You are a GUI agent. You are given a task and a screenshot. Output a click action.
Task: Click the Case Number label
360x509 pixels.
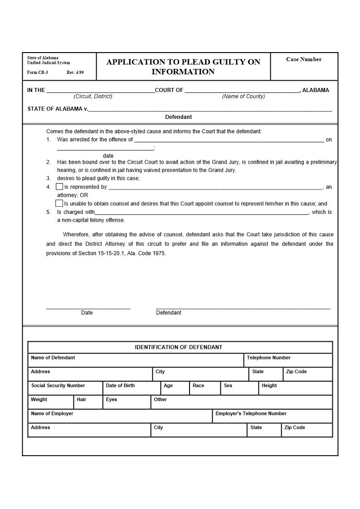pyautogui.click(x=304, y=59)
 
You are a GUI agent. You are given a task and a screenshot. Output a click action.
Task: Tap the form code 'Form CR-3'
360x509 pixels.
pyautogui.click(x=37, y=73)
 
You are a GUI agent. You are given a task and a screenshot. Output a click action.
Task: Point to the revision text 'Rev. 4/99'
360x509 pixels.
pyautogui.click(x=75, y=73)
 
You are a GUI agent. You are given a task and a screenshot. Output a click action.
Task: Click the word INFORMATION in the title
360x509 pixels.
pyautogui.click(x=183, y=72)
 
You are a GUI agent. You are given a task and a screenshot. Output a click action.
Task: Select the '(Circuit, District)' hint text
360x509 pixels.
pyautogui.click(x=93, y=97)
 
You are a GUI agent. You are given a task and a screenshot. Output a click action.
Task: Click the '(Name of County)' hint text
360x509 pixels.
pyautogui.click(x=243, y=97)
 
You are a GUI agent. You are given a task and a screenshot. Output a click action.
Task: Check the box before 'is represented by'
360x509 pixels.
pyautogui.click(x=59, y=186)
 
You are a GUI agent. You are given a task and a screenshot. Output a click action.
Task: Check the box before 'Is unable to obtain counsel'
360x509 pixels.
pyautogui.click(x=59, y=203)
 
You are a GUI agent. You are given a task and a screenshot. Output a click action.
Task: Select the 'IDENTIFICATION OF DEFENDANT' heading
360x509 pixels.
pyautogui.click(x=179, y=347)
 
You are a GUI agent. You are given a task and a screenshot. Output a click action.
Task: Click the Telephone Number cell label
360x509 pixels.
pyautogui.click(x=268, y=358)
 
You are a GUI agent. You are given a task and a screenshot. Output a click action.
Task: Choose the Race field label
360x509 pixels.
pyautogui.click(x=198, y=386)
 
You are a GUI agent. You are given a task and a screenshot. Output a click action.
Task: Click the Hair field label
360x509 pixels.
pyautogui.click(x=82, y=400)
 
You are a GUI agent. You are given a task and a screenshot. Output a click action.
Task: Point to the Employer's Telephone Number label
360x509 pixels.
pyautogui.click(x=251, y=413)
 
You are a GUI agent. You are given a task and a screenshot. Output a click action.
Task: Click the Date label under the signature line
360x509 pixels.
pyautogui.click(x=87, y=313)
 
